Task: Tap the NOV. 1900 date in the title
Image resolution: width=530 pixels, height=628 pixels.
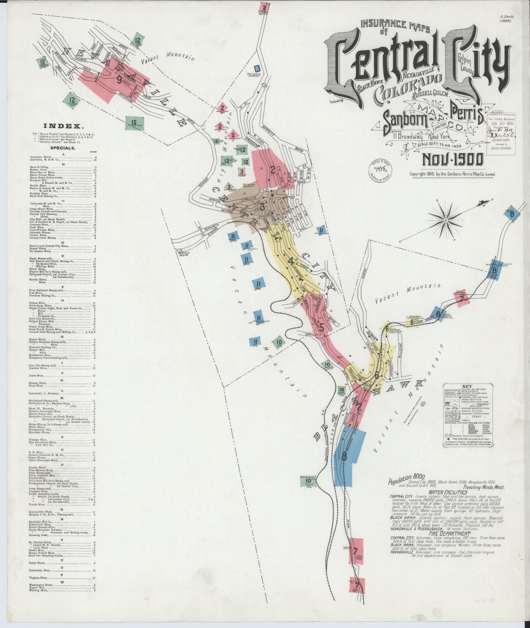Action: [452, 160]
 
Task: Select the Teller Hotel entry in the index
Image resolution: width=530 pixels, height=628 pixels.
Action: [39, 563]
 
